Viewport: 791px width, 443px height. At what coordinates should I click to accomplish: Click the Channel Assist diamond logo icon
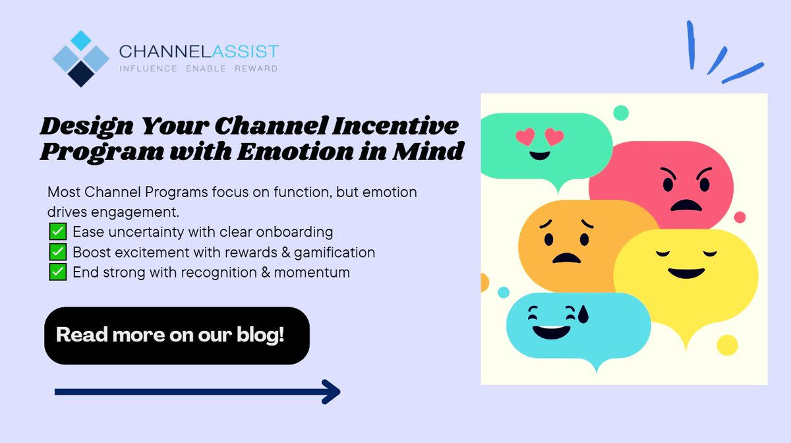coord(80,59)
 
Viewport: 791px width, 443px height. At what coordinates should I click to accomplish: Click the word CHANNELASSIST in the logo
coord(198,51)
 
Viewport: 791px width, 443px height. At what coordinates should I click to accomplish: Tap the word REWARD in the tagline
coord(256,69)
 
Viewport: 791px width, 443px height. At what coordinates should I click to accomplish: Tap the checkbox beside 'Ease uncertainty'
coord(57,232)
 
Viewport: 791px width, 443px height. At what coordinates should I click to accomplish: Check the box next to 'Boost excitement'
coord(57,252)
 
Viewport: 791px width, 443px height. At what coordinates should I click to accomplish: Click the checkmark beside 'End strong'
coord(57,272)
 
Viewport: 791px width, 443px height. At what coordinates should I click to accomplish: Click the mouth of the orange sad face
coord(566,257)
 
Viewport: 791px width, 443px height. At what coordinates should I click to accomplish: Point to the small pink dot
coord(740,218)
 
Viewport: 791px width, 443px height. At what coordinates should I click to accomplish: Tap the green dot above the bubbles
coord(620,113)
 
